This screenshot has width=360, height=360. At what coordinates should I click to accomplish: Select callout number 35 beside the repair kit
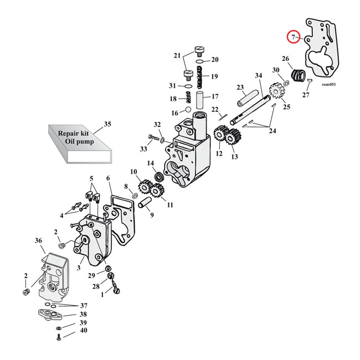click(x=107, y=124)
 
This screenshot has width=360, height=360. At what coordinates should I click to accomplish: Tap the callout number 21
click(x=177, y=55)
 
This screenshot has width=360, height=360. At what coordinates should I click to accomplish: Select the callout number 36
click(x=38, y=241)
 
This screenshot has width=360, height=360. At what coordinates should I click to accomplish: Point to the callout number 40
click(x=84, y=331)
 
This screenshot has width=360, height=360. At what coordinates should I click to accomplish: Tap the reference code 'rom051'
click(x=328, y=85)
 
